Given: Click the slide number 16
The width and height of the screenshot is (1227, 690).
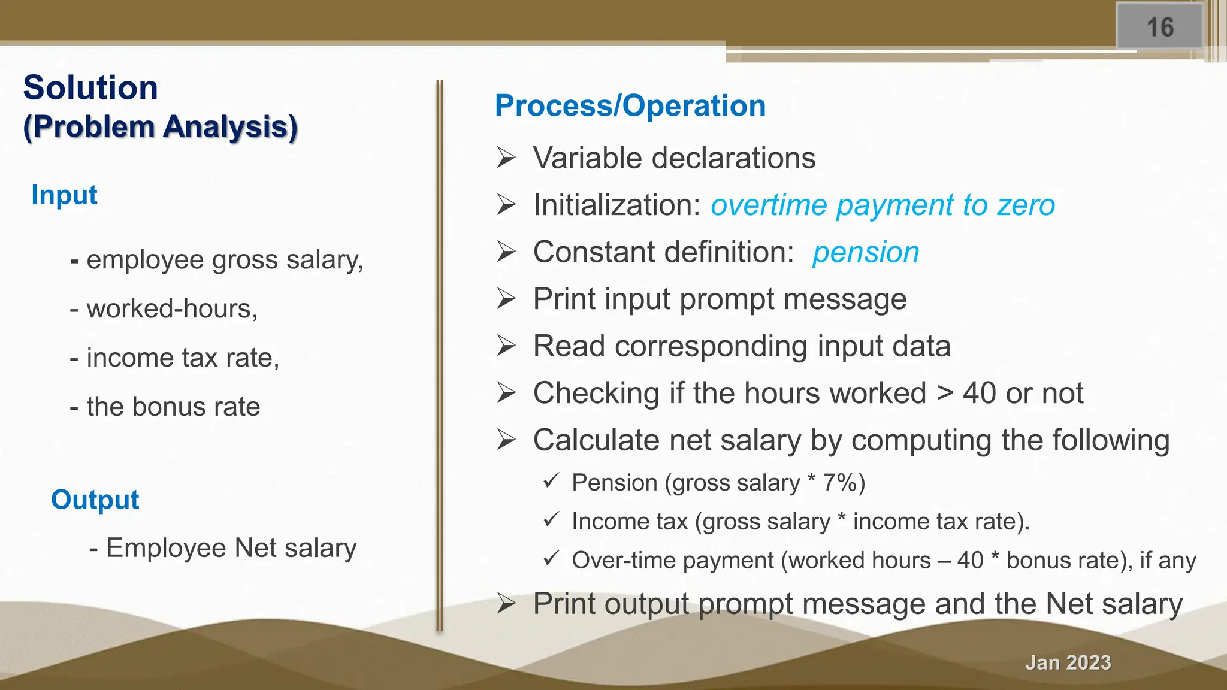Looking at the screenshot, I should [x=1160, y=28].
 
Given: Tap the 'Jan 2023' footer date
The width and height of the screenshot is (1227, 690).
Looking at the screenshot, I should [x=1068, y=662].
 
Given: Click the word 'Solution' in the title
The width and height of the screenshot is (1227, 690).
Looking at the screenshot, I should [x=90, y=87].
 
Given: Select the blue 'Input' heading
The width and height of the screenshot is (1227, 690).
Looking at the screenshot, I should [x=64, y=195].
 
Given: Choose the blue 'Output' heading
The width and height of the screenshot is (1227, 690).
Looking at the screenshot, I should [x=95, y=500].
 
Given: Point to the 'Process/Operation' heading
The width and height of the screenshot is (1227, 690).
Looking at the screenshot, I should [x=630, y=105].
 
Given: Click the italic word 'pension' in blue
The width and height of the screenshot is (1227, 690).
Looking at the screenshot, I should [x=866, y=252].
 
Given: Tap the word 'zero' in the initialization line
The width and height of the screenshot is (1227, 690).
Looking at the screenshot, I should [x=1026, y=205].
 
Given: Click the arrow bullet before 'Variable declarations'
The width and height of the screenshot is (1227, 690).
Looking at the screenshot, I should [x=506, y=158].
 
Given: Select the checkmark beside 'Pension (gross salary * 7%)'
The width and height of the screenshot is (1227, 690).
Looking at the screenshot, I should [x=551, y=480].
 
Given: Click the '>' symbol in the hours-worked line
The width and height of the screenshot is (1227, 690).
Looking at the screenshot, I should [x=945, y=394].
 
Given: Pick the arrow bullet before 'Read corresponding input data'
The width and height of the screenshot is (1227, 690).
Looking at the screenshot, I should [x=506, y=346].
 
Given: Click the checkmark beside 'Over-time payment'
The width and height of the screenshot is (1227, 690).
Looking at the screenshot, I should [x=551, y=558].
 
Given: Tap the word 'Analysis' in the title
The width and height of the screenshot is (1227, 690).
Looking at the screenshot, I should [x=230, y=127].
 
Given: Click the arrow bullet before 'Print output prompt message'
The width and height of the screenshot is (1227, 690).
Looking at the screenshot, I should [x=506, y=604].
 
